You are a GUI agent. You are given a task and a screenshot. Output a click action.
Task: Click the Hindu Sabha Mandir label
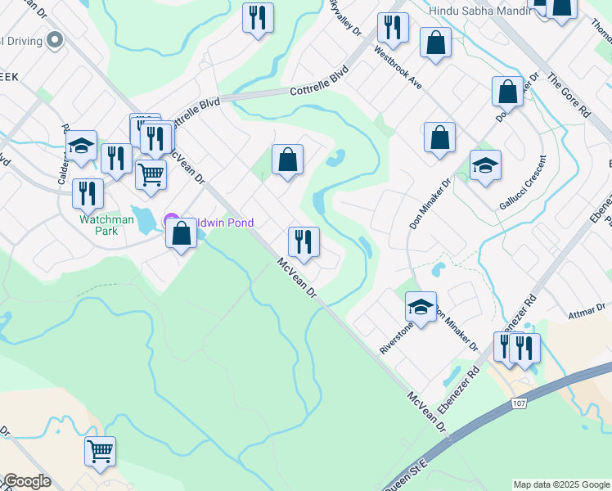tap(476, 11)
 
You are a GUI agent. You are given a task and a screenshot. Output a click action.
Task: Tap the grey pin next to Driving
tap(56, 39)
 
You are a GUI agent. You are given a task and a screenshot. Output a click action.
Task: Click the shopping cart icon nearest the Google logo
tap(100, 451)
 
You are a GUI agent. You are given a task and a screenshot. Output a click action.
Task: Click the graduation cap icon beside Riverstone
tap(421, 307)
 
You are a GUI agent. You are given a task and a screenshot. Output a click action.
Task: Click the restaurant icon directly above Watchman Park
tap(88, 193)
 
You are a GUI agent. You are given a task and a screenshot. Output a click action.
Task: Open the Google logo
tap(27, 481)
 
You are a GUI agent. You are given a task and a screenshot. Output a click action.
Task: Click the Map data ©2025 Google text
tap(561, 484)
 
